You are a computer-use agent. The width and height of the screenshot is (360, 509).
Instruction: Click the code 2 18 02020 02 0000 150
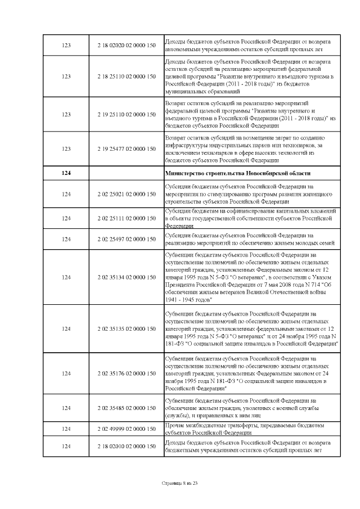tap(126, 45)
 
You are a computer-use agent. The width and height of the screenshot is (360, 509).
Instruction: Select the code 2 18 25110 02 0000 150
tap(126, 76)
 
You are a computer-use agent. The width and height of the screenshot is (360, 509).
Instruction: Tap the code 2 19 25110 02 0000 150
tap(126, 114)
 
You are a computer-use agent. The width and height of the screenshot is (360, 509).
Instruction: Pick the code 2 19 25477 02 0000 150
tap(126, 149)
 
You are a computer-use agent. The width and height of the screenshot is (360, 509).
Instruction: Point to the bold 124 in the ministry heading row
tap(66, 173)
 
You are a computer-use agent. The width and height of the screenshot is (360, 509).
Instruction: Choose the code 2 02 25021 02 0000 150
tap(126, 194)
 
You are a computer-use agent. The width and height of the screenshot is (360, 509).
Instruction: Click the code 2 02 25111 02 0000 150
tap(126, 217)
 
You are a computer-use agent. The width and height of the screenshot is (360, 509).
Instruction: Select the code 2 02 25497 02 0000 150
tap(126, 239)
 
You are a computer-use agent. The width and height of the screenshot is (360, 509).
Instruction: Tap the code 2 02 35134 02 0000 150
tap(126, 277)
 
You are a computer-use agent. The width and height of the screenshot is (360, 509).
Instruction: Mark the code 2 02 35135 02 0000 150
tap(126, 328)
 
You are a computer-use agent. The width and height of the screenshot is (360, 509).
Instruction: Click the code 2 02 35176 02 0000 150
tap(126, 373)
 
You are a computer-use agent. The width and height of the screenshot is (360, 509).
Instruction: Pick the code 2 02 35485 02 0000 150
tap(126, 408)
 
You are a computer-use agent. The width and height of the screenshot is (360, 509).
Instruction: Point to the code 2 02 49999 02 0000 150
tap(126, 429)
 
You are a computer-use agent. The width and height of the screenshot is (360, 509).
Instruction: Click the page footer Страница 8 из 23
tap(179, 483)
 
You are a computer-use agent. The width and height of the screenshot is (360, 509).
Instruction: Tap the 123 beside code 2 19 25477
tap(66, 149)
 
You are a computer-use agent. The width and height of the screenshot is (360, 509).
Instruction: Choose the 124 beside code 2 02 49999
tap(66, 429)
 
